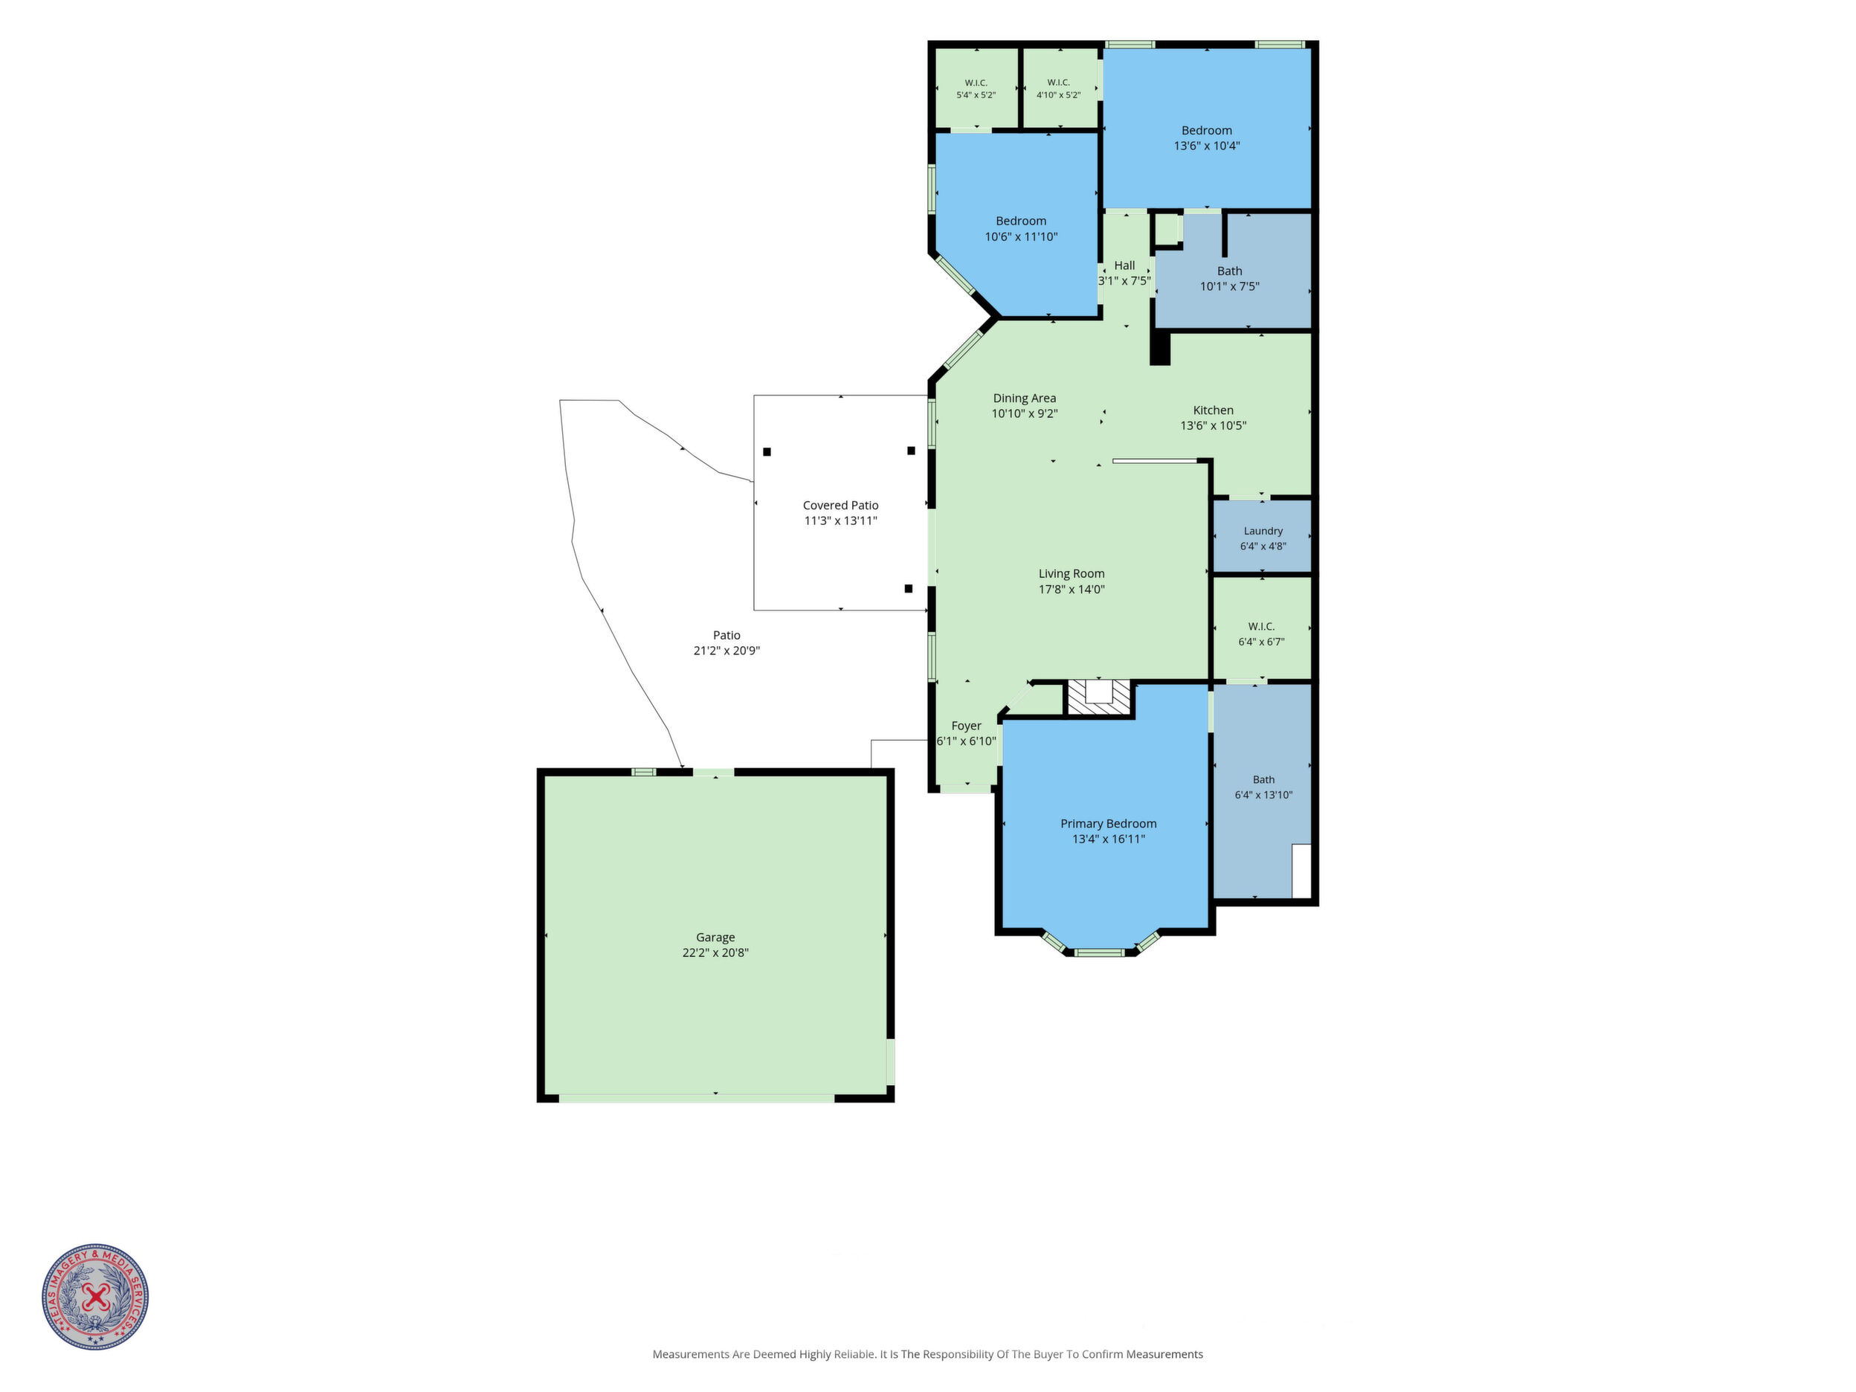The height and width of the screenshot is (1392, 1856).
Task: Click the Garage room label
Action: [x=715, y=937]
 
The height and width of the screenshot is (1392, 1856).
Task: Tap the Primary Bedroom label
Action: [x=1109, y=824]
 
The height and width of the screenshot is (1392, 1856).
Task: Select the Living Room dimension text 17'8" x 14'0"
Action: [x=1072, y=589]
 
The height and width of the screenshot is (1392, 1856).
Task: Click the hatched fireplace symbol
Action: [x=1099, y=698]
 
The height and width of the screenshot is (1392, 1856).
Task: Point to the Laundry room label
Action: [x=1263, y=531]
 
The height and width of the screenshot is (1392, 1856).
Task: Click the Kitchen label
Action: [x=1214, y=410]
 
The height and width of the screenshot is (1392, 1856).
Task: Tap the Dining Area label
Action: [x=1025, y=399]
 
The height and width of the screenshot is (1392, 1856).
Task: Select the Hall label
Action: [x=1124, y=265]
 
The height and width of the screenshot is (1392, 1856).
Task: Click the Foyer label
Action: [x=966, y=726]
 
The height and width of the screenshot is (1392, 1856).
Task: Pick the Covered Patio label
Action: [x=841, y=505]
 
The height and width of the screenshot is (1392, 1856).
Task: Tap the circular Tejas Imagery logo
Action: [x=96, y=1296]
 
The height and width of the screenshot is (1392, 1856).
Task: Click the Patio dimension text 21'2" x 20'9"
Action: [x=726, y=651]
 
